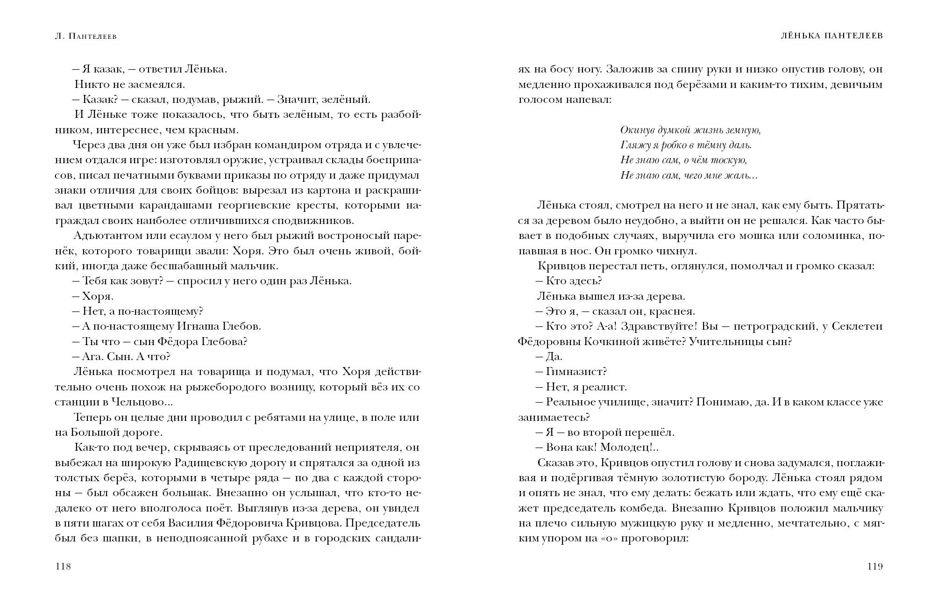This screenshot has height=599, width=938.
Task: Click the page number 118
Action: click(x=63, y=567)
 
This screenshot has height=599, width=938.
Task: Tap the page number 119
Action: click(x=875, y=567)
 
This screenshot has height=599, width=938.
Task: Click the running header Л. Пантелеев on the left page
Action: click(x=85, y=36)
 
